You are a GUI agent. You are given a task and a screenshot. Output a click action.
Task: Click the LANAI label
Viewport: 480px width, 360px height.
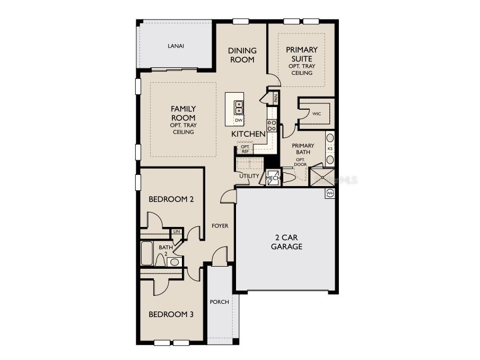[176, 46]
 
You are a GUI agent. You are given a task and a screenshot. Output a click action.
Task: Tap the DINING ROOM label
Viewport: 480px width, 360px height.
[242, 55]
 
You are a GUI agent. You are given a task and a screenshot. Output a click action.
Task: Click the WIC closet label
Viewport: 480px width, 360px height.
[317, 113]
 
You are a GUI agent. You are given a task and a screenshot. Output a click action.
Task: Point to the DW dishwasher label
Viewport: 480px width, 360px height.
[239, 120]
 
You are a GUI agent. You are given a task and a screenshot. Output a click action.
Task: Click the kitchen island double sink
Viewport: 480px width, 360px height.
[239, 108]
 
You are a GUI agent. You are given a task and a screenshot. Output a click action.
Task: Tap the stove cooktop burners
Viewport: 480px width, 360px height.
[271, 126]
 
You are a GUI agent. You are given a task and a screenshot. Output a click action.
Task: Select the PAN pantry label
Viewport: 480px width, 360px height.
[276, 98]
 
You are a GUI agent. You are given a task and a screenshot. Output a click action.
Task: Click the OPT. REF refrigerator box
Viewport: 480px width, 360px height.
[245, 148]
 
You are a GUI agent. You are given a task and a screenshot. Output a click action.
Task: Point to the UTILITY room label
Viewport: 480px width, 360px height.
[249, 176]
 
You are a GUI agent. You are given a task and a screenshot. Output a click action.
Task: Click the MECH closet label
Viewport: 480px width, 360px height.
[273, 178]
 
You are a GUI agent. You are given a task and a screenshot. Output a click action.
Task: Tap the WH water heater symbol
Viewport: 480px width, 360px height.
[330, 192]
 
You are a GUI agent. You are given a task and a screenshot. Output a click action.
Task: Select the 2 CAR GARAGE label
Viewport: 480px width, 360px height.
[286, 242]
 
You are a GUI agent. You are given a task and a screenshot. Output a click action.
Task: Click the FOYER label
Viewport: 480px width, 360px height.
[220, 226]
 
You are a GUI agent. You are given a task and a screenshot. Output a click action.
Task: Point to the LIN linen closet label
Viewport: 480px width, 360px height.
[177, 232]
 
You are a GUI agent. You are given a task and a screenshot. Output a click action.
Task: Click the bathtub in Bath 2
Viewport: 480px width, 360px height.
[147, 253]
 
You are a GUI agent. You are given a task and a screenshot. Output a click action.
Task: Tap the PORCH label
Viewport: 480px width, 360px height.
[219, 302]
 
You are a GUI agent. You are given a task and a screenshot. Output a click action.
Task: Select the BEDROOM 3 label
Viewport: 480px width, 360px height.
[171, 314]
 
